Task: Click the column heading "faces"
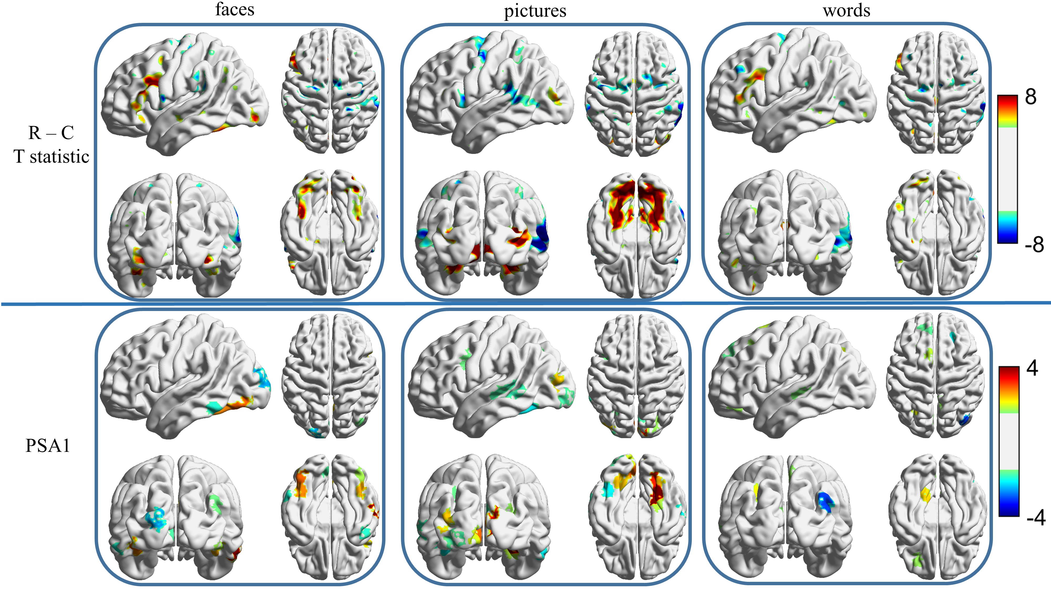tap(235, 9)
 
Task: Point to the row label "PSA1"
tap(48, 445)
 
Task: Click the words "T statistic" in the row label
tap(51, 157)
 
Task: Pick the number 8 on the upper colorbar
tap(1031, 97)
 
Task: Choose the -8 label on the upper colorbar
tap(1034, 245)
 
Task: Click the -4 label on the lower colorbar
tap(1035, 518)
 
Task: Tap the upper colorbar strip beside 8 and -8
tap(1007, 169)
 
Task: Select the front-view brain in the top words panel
tap(785, 232)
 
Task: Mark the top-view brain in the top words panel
tap(936, 92)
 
